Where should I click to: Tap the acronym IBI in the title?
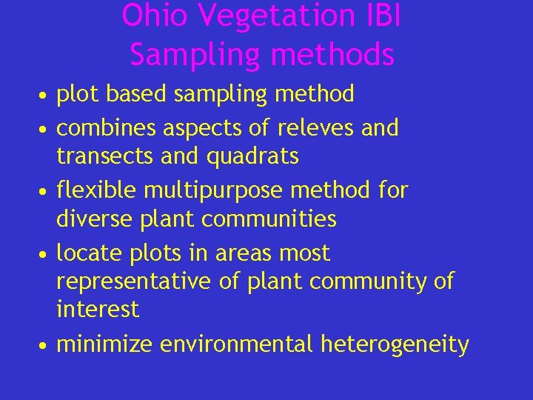383,16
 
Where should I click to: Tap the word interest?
98,310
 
